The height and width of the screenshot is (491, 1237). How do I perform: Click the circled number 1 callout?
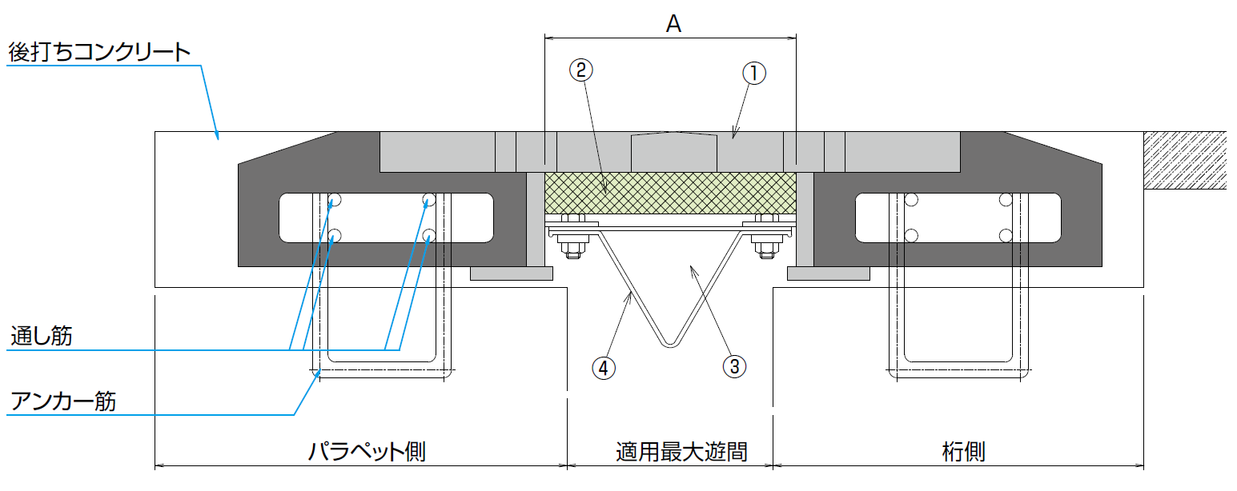(x=754, y=74)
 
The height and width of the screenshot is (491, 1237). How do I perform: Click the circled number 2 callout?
(x=581, y=70)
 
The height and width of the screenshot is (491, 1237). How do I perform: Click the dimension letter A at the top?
(x=673, y=25)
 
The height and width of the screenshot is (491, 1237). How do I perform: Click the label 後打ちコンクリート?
(x=99, y=53)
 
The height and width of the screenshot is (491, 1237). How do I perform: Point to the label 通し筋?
(x=42, y=337)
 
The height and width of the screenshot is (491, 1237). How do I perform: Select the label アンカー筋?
(x=63, y=400)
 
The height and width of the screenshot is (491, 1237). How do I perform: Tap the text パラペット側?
(x=367, y=453)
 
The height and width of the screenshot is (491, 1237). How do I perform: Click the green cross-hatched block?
(x=670, y=193)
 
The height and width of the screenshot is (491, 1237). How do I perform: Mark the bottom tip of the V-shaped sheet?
(x=670, y=346)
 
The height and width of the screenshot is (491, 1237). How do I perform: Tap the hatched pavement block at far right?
(x=1185, y=160)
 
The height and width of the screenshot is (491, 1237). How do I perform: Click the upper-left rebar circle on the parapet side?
(x=335, y=199)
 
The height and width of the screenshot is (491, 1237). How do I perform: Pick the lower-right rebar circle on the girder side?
(x=1006, y=235)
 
